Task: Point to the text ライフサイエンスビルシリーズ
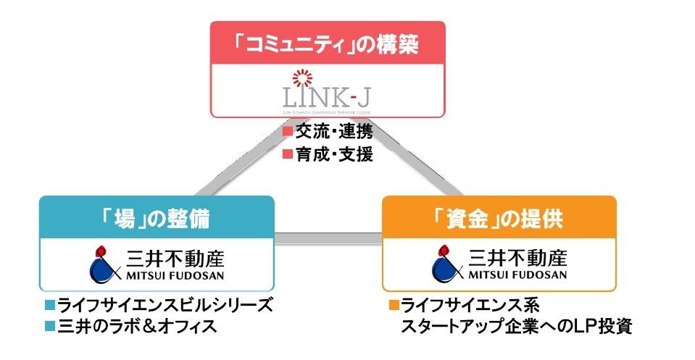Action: (165, 304)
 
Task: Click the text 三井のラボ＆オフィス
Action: (137, 325)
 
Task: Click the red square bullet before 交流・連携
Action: (287, 133)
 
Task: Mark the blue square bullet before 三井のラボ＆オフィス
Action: (49, 325)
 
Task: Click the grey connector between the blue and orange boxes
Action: (328, 238)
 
